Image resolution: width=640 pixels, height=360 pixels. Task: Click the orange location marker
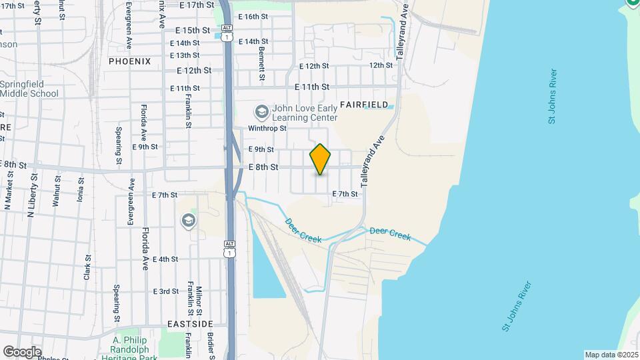click(320, 159)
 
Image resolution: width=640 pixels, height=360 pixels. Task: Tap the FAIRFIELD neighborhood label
click(364, 105)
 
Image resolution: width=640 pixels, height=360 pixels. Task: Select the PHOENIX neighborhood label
click(130, 61)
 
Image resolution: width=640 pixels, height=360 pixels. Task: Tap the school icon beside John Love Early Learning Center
click(261, 111)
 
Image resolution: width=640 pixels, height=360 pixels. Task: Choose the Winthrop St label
click(267, 128)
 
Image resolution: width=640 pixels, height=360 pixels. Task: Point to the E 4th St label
click(165, 259)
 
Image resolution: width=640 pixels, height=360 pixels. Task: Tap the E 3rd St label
click(165, 291)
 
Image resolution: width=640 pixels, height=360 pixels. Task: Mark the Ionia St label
click(80, 189)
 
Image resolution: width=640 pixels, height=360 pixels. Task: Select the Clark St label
click(87, 266)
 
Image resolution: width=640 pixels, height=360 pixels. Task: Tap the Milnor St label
click(199, 301)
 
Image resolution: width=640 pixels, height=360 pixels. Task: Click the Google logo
click(22, 352)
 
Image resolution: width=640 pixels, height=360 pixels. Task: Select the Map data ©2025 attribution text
click(611, 355)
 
